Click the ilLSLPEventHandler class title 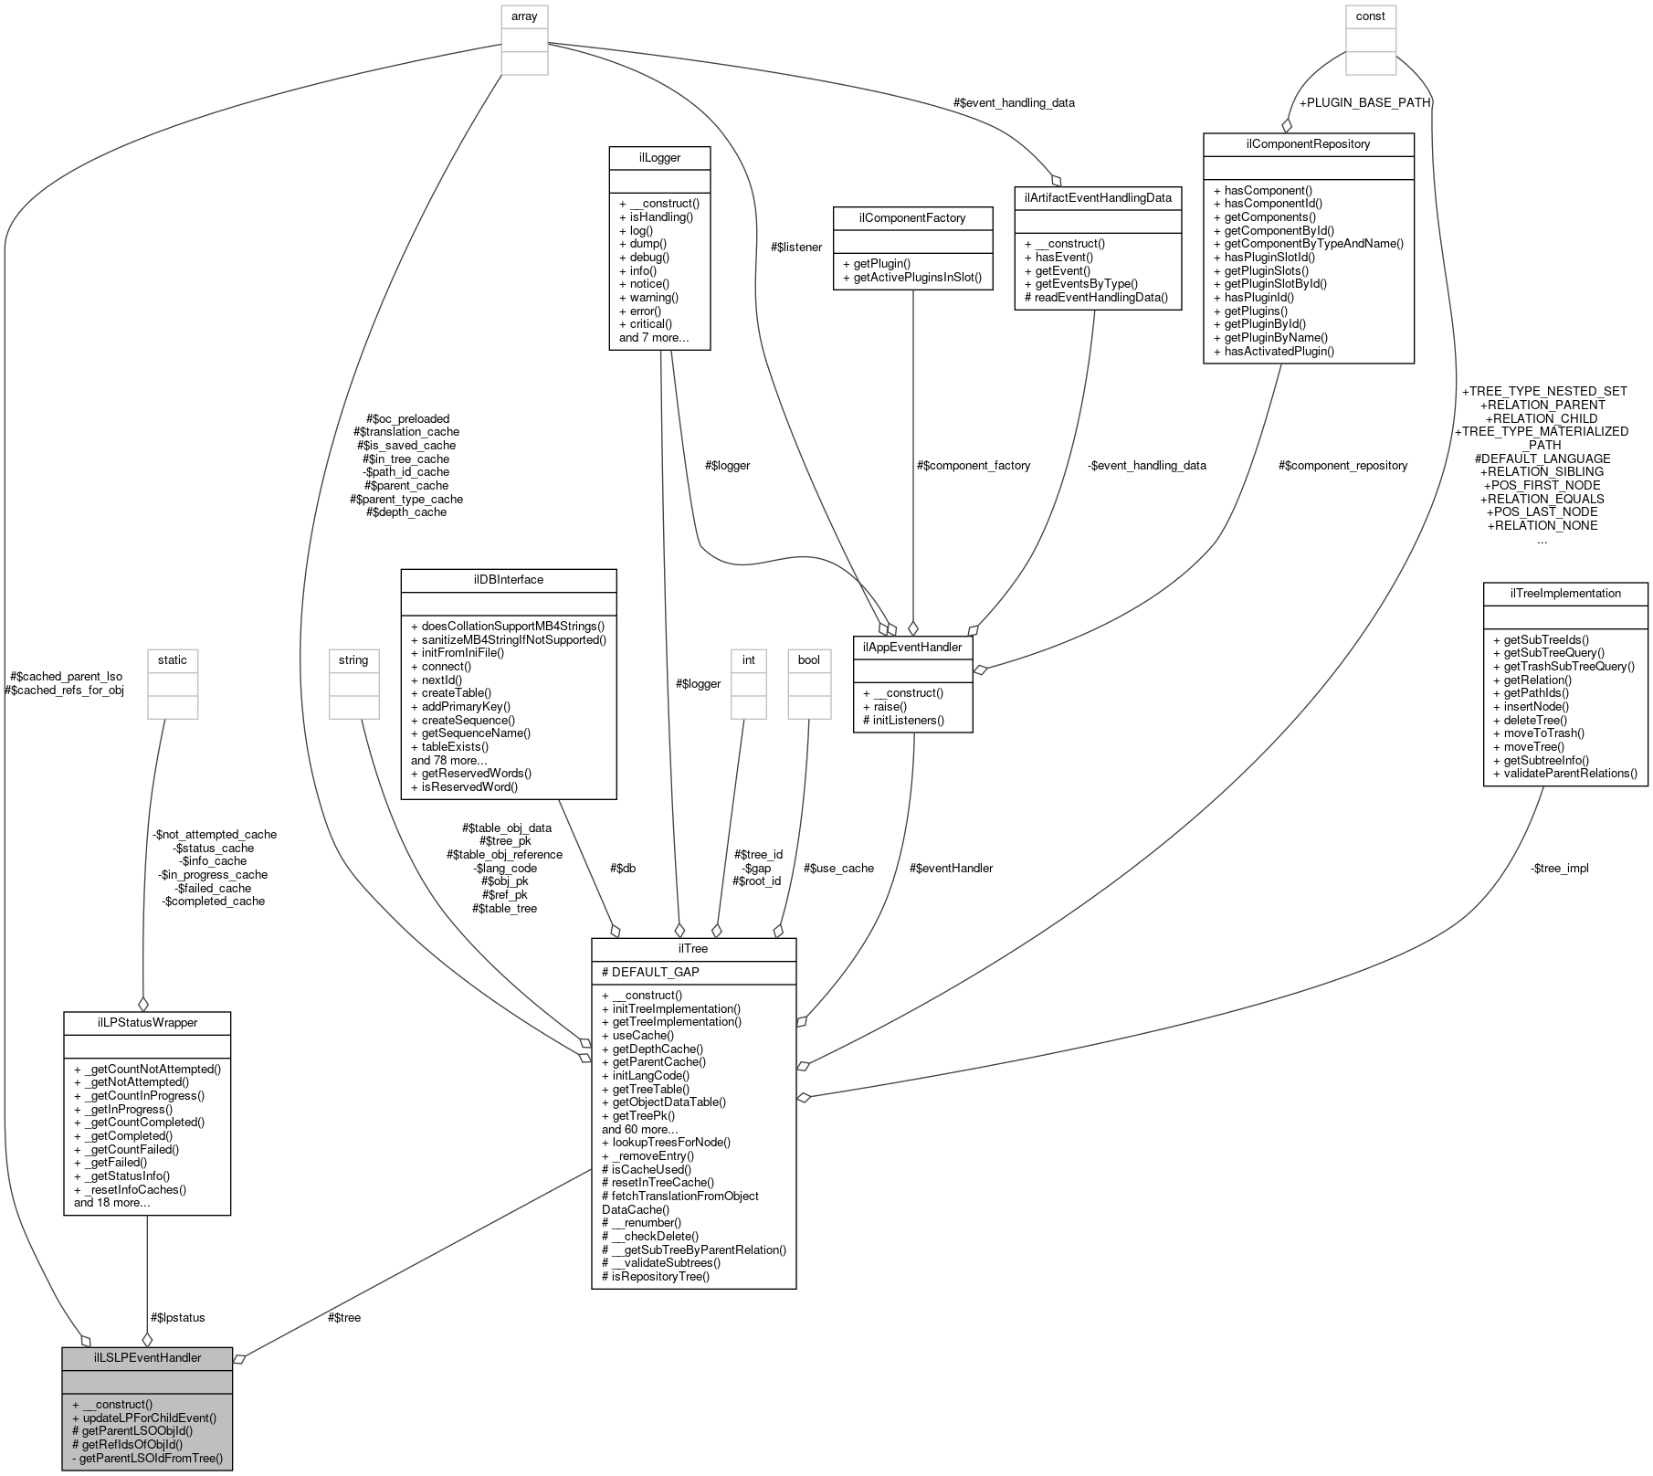point(147,1357)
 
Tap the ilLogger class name point(659,157)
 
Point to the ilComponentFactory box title point(912,217)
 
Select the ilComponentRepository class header point(1308,143)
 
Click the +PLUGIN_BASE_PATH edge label point(1364,102)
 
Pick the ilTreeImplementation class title point(1565,593)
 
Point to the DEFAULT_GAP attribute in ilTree point(656,972)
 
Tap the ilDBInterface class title point(509,579)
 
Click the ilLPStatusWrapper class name point(147,1022)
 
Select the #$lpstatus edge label point(177,1317)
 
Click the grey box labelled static point(172,659)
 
